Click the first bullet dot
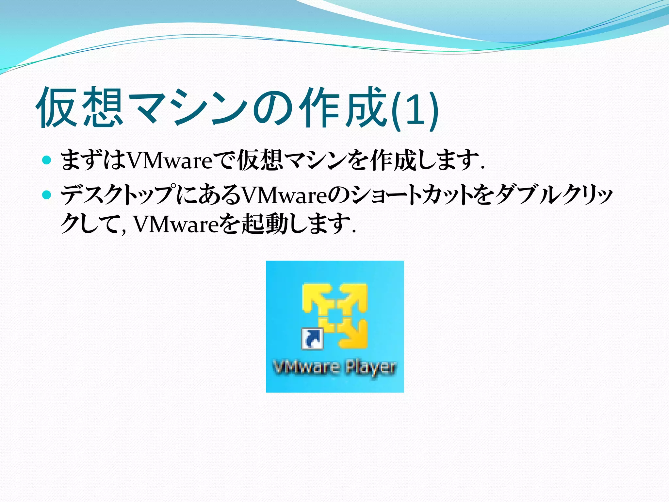pyautogui.click(x=47, y=160)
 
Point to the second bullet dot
pyautogui.click(x=47, y=195)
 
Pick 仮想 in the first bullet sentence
pyautogui.click(x=260, y=160)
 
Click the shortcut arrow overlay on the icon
pyautogui.click(x=312, y=339)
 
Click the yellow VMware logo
pyautogui.click(x=335, y=315)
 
